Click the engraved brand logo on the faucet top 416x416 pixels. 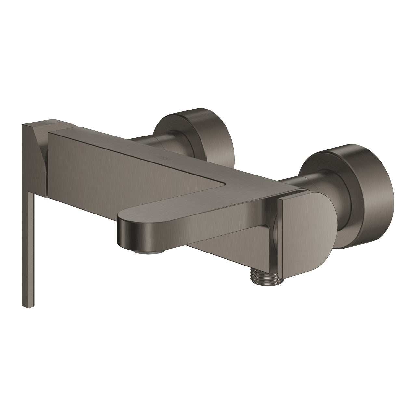point(162,157)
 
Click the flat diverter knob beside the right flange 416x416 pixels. point(302,227)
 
